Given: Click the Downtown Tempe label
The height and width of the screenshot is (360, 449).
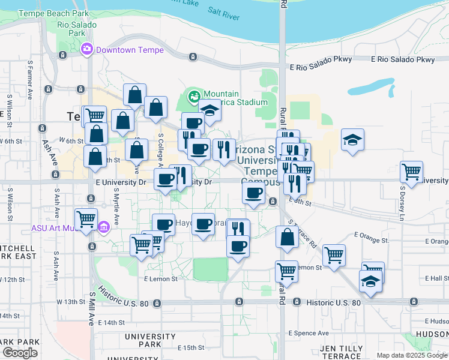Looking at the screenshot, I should pos(130,50).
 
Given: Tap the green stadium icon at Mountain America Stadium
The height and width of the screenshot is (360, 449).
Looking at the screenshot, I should pos(194,95).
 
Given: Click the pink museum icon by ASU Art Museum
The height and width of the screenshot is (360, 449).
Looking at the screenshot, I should pos(103,228).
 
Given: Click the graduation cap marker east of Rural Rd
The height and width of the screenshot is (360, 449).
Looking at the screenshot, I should pos(352,140).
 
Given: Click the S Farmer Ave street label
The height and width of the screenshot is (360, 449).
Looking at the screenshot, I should pos(29,79).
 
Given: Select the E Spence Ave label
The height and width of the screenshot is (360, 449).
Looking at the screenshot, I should pos(309,333).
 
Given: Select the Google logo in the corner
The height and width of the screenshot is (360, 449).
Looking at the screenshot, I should pos(19,353).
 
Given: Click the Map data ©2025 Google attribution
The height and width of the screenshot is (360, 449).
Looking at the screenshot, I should pos(412,355).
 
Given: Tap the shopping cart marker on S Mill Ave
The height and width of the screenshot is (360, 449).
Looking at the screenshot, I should pos(86,218).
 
